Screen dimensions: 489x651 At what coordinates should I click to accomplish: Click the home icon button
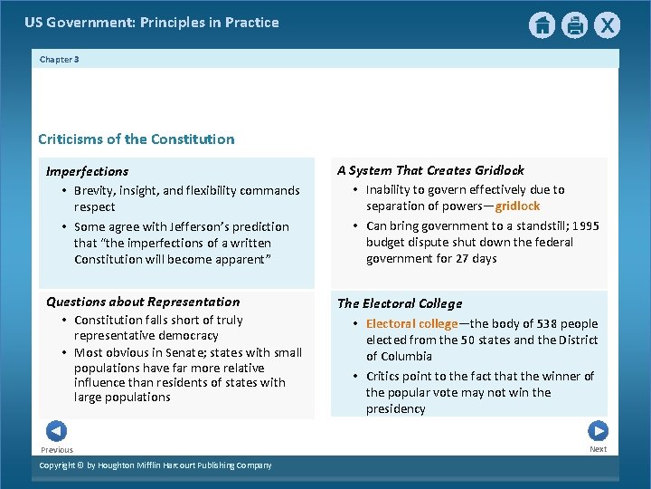[x=542, y=25]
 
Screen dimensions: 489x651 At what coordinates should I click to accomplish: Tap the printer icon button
[x=574, y=25]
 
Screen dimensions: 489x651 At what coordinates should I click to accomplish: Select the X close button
[x=607, y=25]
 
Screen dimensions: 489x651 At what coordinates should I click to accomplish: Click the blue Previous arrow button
[x=56, y=431]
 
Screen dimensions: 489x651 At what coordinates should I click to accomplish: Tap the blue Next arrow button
[x=598, y=431]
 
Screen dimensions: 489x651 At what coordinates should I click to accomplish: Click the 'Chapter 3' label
[x=60, y=60]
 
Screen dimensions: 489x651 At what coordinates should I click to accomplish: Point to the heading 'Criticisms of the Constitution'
[x=136, y=139]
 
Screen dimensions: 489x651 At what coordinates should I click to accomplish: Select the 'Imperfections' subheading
[x=88, y=171]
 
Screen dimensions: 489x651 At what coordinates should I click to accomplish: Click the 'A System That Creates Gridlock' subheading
[x=430, y=170]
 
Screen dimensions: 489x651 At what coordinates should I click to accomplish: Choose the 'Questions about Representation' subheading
[x=143, y=302]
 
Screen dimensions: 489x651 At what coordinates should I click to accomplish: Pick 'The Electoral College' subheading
[x=400, y=303]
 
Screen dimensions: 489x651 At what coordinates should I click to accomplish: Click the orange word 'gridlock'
[x=517, y=206]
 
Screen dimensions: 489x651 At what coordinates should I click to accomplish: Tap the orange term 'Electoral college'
[x=411, y=323]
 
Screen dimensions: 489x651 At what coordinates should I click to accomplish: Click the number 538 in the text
[x=550, y=323]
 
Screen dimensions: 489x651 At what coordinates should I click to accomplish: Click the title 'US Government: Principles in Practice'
[x=152, y=23]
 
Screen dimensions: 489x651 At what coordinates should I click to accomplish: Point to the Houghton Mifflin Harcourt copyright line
[x=156, y=465]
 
